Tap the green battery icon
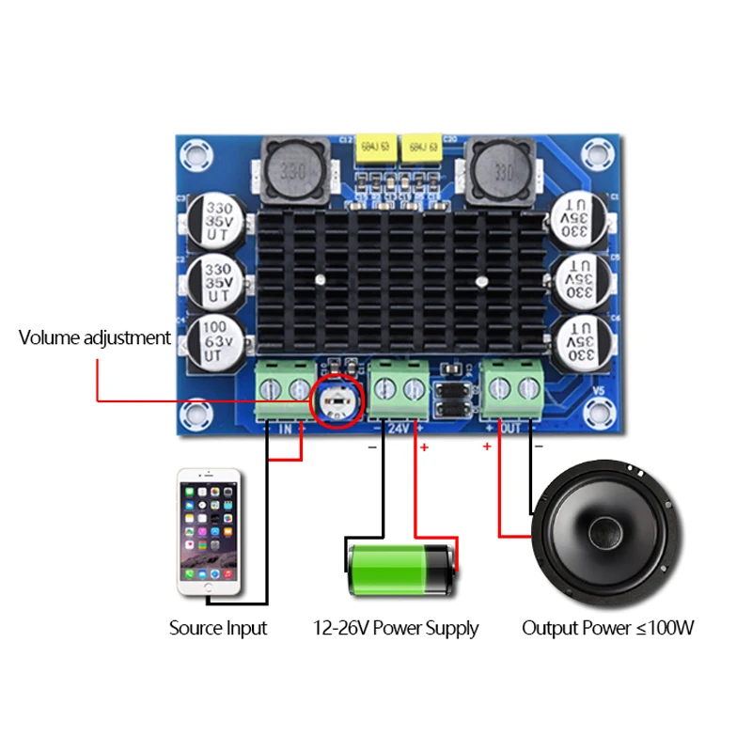[401, 571]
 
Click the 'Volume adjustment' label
[95, 337]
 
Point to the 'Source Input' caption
[218, 628]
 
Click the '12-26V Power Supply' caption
[396, 628]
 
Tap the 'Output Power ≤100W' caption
[608, 628]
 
